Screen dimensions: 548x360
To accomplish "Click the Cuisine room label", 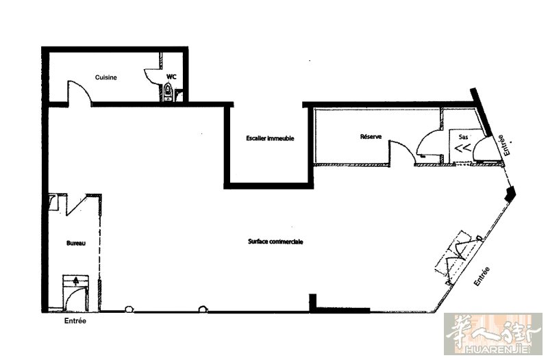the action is point(106,77).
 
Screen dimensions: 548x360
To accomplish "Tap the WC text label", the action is point(171,77).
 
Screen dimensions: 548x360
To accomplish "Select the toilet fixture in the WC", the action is point(168,92).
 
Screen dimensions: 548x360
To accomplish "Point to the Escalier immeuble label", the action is point(270,138).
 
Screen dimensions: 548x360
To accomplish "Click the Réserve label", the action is point(371,136).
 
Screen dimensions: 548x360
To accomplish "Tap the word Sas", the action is point(463,138).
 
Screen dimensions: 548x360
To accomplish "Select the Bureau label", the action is point(76,243).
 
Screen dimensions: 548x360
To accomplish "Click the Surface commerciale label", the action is point(275,242).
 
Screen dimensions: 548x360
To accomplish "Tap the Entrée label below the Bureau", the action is point(75,320).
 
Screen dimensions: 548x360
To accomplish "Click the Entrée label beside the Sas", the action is point(504,145).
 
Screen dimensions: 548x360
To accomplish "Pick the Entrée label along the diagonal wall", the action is point(482,277).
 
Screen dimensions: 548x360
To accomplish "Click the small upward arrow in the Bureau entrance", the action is point(76,280).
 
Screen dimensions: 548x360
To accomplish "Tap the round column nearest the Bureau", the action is point(129,309).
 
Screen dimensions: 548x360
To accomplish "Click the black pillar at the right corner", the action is point(510,193).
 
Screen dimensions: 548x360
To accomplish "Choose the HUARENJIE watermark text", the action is point(493,348).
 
